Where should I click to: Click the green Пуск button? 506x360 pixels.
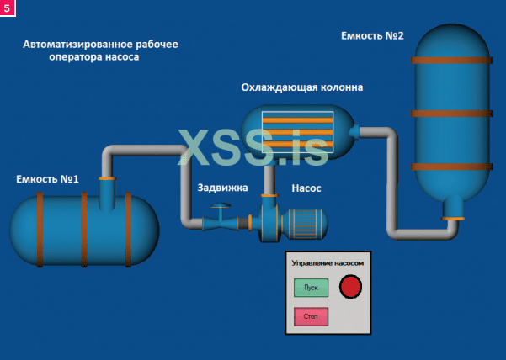click(x=310, y=289)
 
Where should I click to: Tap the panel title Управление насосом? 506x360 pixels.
click(x=328, y=263)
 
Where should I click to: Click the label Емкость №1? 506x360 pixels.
click(x=47, y=179)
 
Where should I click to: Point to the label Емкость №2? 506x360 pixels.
click(x=373, y=36)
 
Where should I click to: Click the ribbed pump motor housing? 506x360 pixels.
click(x=304, y=223)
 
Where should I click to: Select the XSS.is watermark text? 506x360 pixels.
click(x=253, y=147)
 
